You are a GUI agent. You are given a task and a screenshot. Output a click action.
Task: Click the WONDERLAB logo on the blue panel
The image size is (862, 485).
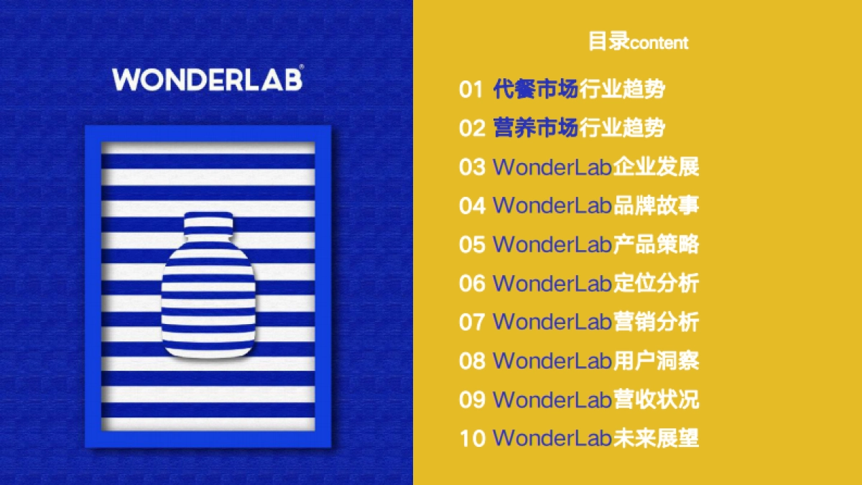(x=207, y=79)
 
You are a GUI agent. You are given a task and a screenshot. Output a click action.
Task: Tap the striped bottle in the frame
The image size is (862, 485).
(x=208, y=295)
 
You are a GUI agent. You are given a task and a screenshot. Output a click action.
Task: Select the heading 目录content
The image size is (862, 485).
(x=638, y=42)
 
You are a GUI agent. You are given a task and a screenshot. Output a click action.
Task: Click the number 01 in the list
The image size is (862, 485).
(x=471, y=90)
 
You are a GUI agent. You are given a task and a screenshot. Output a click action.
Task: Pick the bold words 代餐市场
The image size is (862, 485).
(x=535, y=90)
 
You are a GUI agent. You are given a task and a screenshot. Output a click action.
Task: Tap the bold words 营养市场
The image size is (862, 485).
(x=535, y=129)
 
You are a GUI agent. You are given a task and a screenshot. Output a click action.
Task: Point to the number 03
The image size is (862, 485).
(x=472, y=167)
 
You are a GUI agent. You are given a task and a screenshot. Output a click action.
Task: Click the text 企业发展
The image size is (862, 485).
(x=656, y=167)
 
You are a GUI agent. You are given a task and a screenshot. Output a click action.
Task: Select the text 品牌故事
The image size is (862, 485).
(x=656, y=205)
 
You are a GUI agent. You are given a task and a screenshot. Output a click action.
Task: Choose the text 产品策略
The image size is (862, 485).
(x=656, y=244)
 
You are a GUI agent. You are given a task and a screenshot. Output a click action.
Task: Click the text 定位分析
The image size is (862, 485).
(x=656, y=283)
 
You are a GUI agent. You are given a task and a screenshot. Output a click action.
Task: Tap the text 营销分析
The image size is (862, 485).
(x=656, y=321)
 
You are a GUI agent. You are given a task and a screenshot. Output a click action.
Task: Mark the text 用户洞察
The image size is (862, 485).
(x=656, y=360)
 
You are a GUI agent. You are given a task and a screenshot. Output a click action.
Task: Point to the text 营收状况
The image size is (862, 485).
(x=656, y=399)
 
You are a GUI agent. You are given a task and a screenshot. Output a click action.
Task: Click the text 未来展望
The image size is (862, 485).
(x=656, y=438)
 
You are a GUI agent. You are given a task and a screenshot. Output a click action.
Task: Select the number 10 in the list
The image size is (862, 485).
(x=472, y=438)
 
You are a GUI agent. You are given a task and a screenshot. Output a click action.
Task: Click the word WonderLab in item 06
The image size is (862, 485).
(x=552, y=283)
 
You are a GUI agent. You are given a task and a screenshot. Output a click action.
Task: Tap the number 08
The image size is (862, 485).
(x=472, y=360)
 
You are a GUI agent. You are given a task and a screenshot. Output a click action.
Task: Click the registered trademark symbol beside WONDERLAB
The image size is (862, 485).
(x=302, y=68)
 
